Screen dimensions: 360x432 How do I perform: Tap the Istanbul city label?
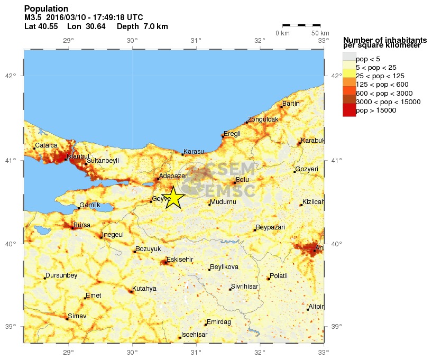tap(78, 156)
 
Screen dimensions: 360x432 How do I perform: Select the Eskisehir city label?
tap(180, 259)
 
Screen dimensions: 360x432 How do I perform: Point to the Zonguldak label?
tap(263, 119)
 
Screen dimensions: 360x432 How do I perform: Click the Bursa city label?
tap(81, 225)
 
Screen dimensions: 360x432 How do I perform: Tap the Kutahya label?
tap(144, 288)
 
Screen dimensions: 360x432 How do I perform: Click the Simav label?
tap(77, 316)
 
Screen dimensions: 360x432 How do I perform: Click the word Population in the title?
tap(46, 8)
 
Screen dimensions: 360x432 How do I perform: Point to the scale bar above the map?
tap(301, 25)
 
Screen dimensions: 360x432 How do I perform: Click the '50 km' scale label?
tap(320, 33)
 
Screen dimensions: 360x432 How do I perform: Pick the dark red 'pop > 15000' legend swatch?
tap(350, 110)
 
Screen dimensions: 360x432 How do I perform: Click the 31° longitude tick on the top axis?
tap(196, 41)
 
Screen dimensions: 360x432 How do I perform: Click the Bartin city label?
tap(291, 104)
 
